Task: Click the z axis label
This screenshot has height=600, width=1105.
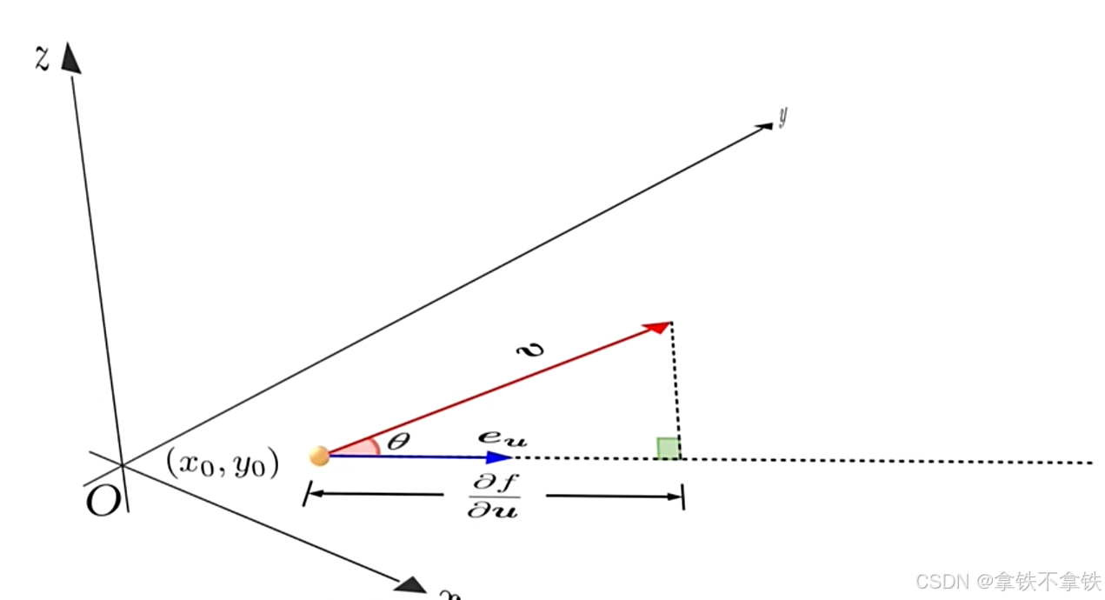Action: pyautogui.click(x=41, y=58)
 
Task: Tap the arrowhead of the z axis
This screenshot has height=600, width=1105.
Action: pyautogui.click(x=70, y=58)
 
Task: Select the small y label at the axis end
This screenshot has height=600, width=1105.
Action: pyautogui.click(x=782, y=117)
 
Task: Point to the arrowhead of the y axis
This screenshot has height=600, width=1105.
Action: pyautogui.click(x=764, y=127)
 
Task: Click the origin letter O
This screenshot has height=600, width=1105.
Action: pyautogui.click(x=103, y=502)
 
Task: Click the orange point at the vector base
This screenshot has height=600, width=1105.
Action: pyautogui.click(x=319, y=456)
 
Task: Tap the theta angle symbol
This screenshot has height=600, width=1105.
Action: pyautogui.click(x=397, y=442)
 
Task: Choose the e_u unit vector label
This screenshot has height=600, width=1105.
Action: pyautogui.click(x=502, y=437)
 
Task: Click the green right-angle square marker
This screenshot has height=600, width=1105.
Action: pyautogui.click(x=668, y=448)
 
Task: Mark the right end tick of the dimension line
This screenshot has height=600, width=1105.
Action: pyautogui.click(x=683, y=497)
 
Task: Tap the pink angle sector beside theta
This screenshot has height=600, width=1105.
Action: pyautogui.click(x=365, y=447)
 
